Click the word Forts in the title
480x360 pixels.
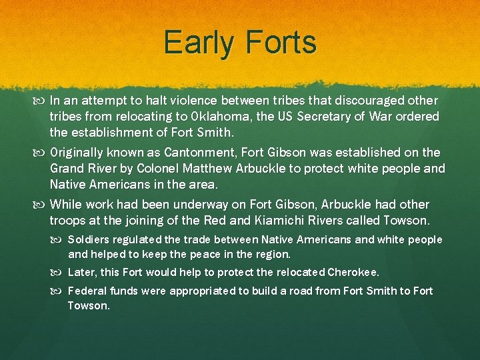[x=280, y=43]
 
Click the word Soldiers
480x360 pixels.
[x=90, y=239]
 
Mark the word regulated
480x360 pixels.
[x=137, y=239]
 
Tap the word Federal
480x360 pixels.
[x=86, y=291]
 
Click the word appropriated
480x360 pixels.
[x=201, y=291]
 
